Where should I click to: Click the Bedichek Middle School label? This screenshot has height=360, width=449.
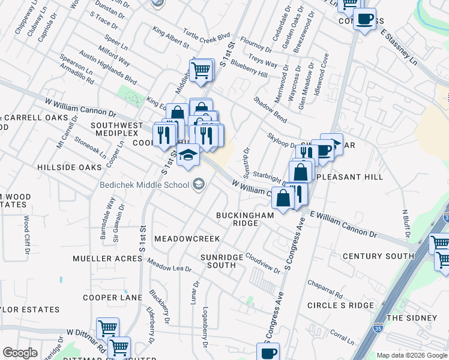(145, 184)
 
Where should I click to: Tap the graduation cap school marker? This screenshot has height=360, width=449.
(188, 155)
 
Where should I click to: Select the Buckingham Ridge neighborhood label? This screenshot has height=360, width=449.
(246, 218)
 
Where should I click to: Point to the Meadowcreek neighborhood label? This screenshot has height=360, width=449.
(187, 239)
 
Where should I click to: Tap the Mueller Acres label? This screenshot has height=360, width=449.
(107, 259)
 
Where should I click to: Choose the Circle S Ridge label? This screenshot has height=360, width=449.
(340, 305)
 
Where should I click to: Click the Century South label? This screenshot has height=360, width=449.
(378, 256)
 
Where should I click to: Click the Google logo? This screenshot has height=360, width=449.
(20, 353)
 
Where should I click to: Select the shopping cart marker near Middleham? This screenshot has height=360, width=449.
(202, 70)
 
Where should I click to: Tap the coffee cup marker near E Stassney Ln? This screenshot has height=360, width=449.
(364, 20)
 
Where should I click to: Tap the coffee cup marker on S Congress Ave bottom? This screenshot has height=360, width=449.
(268, 352)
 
